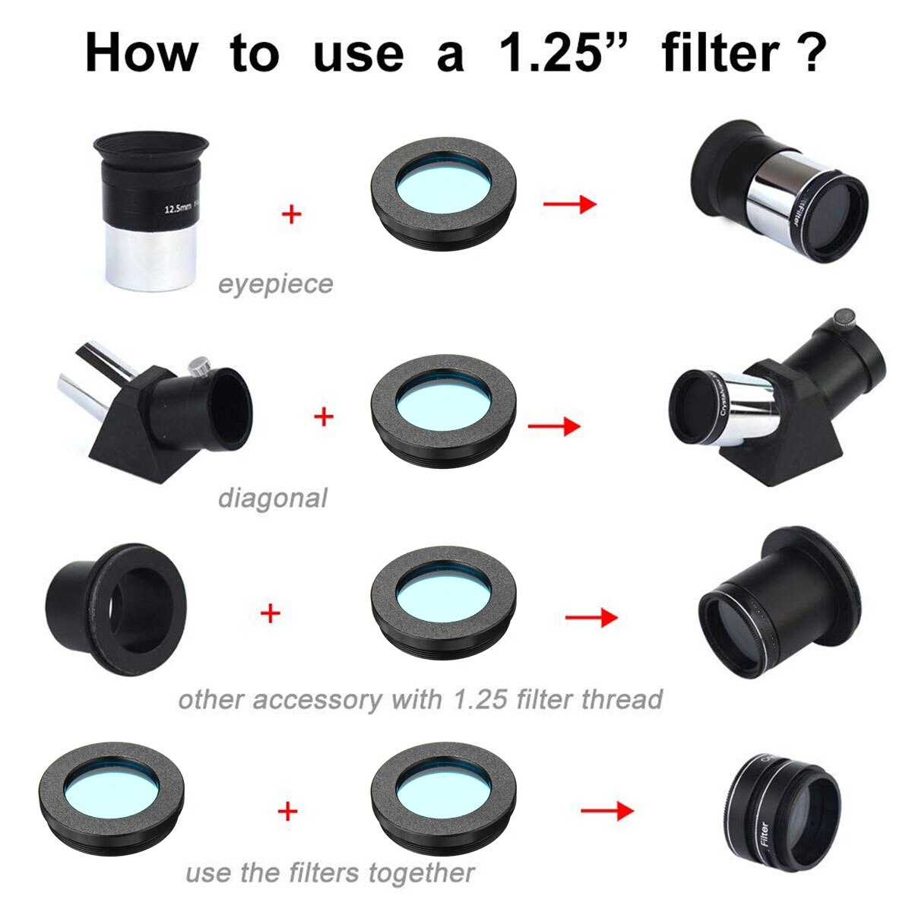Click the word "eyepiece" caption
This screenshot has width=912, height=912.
pos(275,284)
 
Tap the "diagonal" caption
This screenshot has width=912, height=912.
pos(272,499)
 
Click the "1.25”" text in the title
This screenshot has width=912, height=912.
pos(559,53)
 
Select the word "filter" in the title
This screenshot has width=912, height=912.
pos(720,53)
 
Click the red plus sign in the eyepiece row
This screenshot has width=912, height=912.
pos(291,214)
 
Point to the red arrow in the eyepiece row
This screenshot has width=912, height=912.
pos(569,204)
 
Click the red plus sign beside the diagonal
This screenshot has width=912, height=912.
pos(324,416)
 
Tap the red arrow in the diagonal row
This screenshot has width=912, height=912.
pos(553,426)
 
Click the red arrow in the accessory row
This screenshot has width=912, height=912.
pos(591,617)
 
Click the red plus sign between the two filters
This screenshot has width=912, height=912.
pos(287,811)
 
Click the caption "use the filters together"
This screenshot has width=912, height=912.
pos(330,873)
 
